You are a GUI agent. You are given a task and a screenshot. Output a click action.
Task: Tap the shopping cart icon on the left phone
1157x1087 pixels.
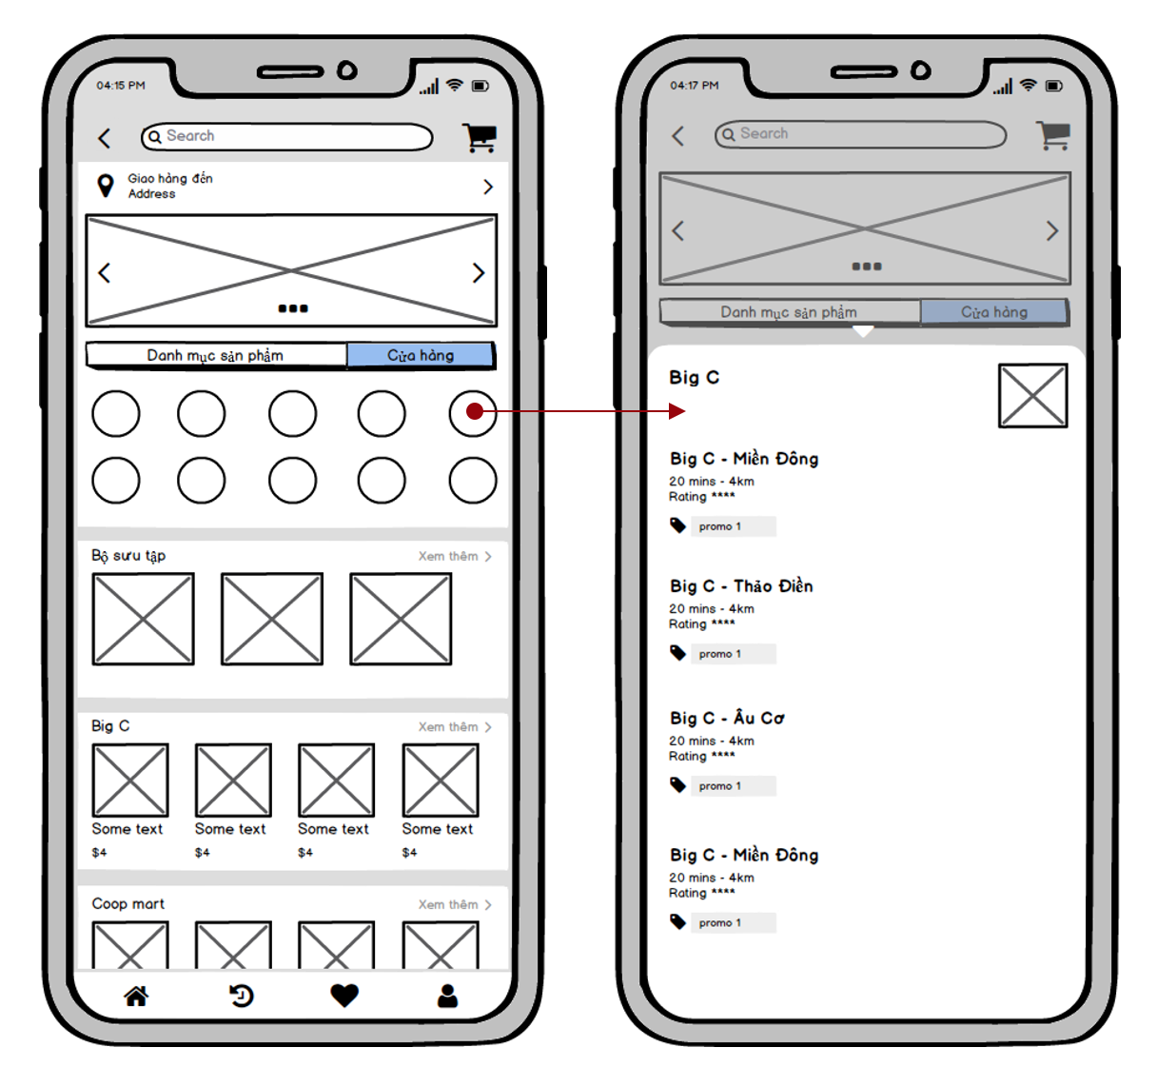coord(479,138)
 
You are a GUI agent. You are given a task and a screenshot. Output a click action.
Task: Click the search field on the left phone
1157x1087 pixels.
coord(286,136)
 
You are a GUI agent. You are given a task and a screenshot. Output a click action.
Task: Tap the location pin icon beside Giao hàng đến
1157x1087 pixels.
coord(105,186)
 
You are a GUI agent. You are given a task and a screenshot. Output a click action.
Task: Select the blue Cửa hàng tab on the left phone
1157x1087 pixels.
coord(420,355)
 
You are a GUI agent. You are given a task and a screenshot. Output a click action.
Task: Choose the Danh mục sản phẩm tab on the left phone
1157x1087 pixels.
coord(216,355)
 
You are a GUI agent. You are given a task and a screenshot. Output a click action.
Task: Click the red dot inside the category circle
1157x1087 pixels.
coord(475,411)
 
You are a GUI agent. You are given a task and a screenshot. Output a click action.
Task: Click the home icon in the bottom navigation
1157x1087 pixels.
coord(136,996)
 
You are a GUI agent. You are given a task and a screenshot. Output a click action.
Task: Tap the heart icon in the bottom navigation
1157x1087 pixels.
coord(344,996)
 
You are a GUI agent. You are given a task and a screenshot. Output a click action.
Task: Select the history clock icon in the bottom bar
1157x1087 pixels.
coord(241,996)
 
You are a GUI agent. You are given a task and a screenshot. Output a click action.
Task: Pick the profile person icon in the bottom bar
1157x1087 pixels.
coord(447,996)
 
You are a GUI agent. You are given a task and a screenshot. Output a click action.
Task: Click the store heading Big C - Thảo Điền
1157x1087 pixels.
coord(741,585)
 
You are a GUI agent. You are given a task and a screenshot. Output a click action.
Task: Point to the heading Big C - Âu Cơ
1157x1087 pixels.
coord(727,718)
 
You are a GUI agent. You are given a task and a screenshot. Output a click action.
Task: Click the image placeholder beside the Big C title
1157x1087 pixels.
coord(1033,396)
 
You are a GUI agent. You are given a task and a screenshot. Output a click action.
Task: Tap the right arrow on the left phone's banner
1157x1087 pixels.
coord(479,273)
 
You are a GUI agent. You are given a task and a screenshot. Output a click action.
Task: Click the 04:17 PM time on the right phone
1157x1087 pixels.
coord(694,86)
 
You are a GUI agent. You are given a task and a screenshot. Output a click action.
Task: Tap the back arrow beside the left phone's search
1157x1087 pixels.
coord(105,138)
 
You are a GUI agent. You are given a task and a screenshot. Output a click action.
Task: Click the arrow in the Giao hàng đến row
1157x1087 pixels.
coord(488,187)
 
